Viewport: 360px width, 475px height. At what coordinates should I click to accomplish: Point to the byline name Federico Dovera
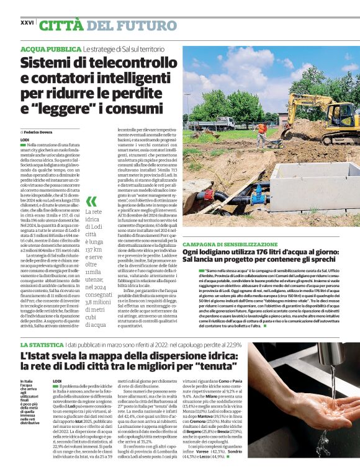[39, 133]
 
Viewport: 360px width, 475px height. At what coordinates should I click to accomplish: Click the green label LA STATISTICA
[42, 344]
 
